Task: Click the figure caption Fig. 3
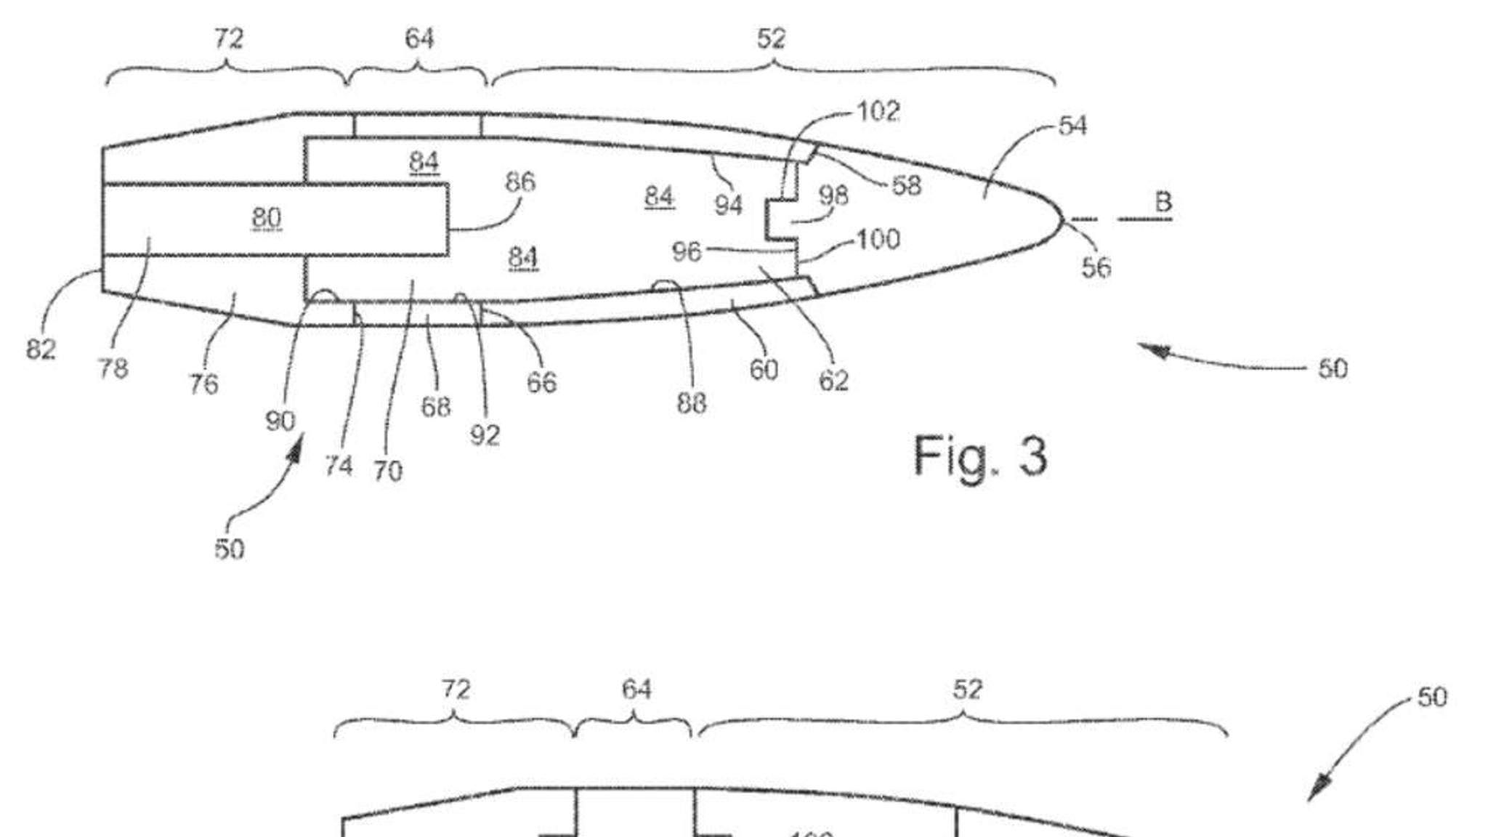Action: [979, 456]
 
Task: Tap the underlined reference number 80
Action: [267, 217]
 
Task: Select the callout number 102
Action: [878, 112]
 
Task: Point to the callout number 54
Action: [1072, 126]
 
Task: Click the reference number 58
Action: [906, 186]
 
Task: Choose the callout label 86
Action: [520, 182]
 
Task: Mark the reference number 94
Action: [728, 206]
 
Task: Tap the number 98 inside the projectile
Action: [833, 195]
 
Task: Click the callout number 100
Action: [879, 239]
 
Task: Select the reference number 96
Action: [687, 251]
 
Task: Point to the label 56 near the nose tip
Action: [1096, 267]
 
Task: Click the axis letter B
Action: [1162, 202]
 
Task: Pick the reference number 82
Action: [41, 349]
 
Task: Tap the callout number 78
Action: [113, 369]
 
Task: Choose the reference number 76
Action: [203, 384]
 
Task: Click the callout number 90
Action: [280, 421]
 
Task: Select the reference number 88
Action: [691, 403]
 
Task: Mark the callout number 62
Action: [833, 381]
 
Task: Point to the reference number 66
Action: [541, 382]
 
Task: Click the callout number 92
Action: [485, 435]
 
